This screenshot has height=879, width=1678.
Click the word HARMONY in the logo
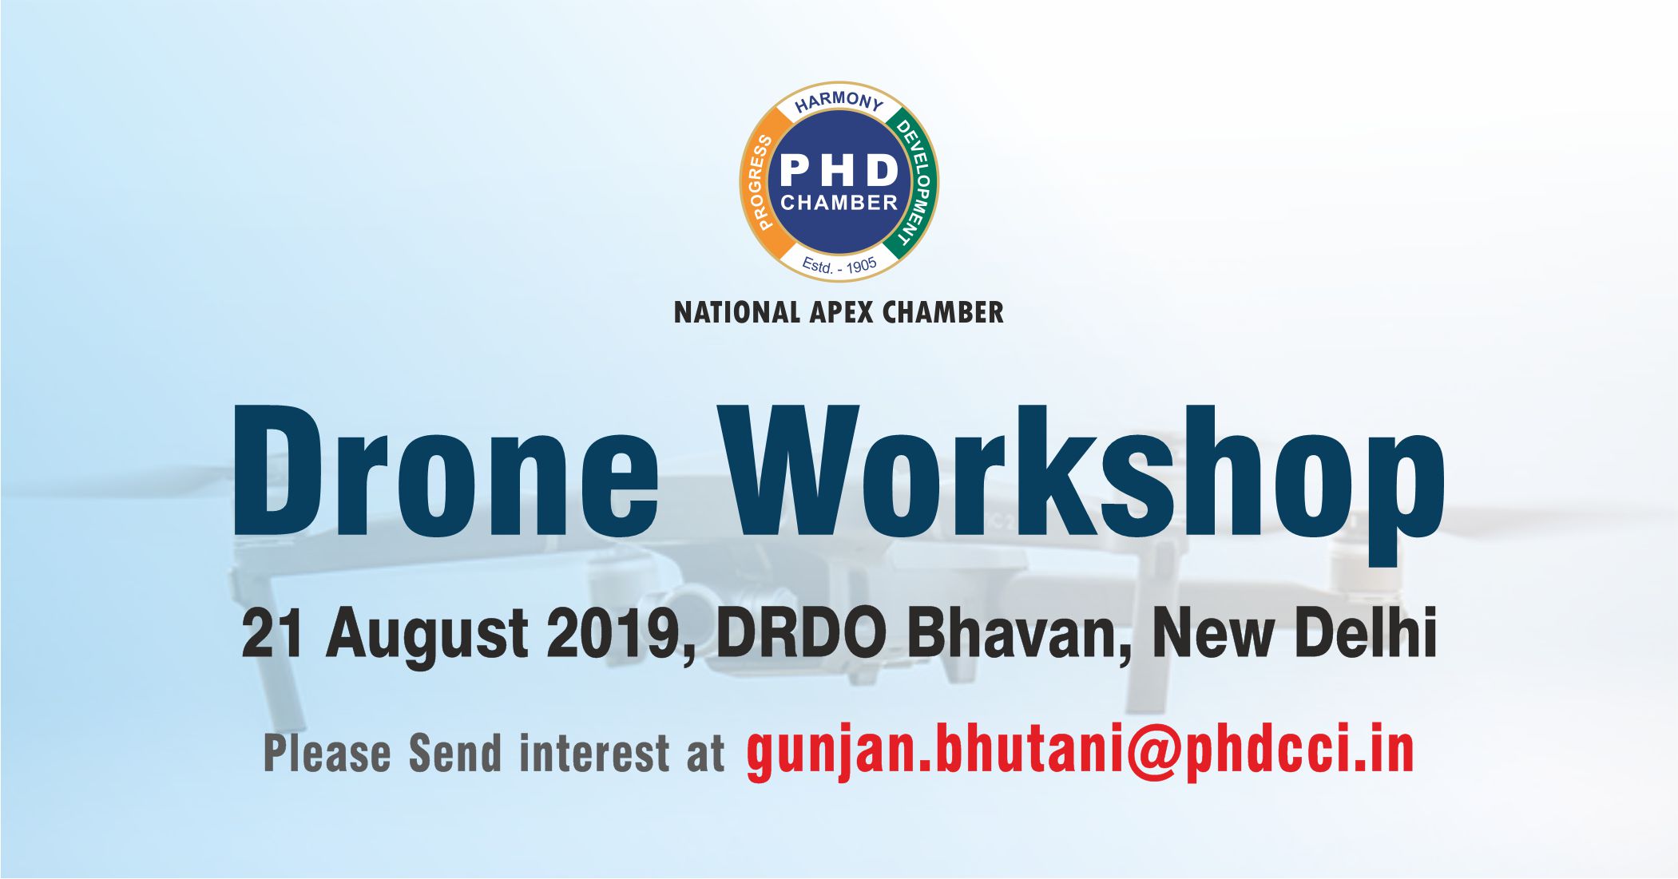839,101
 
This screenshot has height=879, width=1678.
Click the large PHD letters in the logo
839,169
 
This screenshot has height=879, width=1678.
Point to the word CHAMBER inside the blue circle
839,203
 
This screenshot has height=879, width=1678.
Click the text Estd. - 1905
839,265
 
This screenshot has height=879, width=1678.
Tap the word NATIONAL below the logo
736,312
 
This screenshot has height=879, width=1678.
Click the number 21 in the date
272,633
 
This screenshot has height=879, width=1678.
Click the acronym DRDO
801,633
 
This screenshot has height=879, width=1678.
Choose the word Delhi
1365,633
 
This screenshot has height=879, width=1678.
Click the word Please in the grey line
327,754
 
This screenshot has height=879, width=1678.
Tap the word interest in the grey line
594,754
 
